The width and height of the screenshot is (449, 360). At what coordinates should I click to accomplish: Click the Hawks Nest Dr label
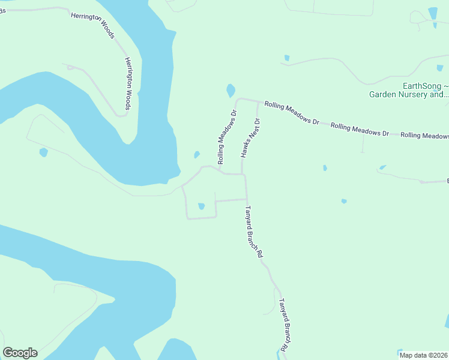pos(251,139)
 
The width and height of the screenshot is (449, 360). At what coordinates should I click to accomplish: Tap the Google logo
pos(20,353)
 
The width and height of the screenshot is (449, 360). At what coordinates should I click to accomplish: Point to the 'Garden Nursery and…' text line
pos(408,94)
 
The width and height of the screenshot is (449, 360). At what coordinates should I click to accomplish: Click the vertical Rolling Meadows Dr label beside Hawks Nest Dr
pos(228,137)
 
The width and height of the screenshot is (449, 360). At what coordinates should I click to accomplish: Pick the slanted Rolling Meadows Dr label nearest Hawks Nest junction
pos(292,112)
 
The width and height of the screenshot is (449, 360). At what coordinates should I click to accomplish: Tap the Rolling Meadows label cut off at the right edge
pos(424,136)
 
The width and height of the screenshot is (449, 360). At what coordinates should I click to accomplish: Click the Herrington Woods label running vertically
pos(127,83)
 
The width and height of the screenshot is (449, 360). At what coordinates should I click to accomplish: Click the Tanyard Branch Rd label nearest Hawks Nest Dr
pos(253,232)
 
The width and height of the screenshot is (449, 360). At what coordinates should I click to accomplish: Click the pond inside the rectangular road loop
pos(201,206)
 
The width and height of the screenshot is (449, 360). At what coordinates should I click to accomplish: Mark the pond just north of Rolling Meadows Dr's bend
pos(231,91)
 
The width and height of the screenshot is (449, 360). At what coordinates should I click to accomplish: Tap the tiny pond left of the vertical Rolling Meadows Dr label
pos(197,155)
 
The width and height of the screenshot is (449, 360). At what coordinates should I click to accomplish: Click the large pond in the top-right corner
pos(433,14)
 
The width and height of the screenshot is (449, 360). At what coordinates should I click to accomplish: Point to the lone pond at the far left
pos(43,152)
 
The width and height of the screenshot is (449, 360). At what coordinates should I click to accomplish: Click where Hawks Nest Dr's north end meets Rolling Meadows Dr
pos(258,101)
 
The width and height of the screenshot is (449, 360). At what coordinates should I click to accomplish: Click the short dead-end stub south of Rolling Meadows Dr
pos(363,143)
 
